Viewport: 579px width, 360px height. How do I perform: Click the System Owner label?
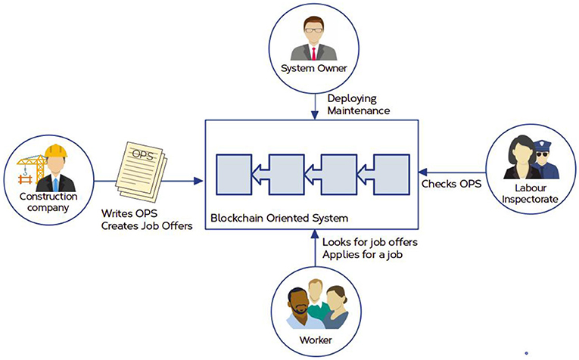pos(313,69)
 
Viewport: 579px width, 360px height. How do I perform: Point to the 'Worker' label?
pos(313,339)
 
